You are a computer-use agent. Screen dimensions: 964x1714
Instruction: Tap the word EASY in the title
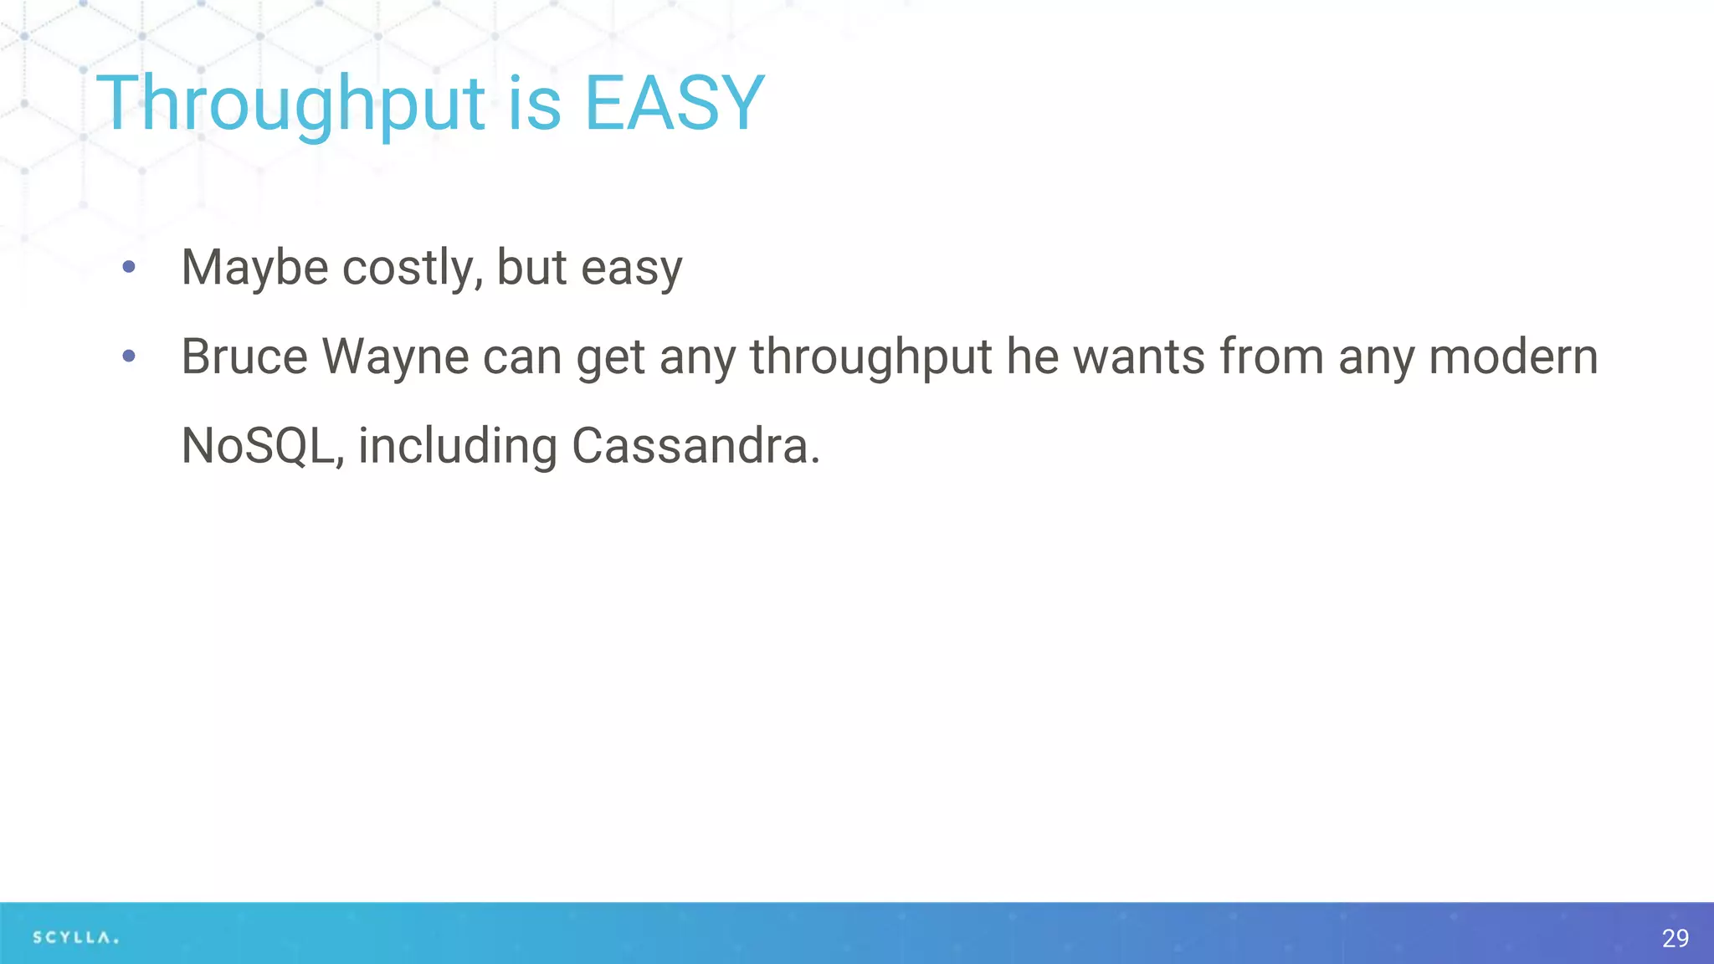[x=674, y=104]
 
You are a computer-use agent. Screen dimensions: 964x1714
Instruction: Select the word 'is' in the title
[x=534, y=104]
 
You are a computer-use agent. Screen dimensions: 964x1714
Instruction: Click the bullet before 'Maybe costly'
[x=129, y=267]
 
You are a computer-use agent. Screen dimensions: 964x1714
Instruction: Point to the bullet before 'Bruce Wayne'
[x=129, y=356]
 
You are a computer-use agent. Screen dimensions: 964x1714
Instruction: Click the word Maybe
[x=254, y=268]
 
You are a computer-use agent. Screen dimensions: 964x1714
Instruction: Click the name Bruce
[x=244, y=357]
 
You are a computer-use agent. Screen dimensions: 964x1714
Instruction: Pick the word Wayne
[x=395, y=357]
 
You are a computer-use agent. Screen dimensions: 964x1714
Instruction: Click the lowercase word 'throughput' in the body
[x=870, y=357]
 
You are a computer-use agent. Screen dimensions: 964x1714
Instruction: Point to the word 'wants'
[x=1139, y=357]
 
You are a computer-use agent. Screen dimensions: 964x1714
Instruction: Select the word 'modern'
[x=1513, y=357]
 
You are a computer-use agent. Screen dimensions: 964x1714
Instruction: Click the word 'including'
[x=458, y=446]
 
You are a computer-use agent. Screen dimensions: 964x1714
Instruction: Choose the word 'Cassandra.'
[x=695, y=446]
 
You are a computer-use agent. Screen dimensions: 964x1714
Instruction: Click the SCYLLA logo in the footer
[x=75, y=937]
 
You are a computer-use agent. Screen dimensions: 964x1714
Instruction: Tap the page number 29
[x=1675, y=938]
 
